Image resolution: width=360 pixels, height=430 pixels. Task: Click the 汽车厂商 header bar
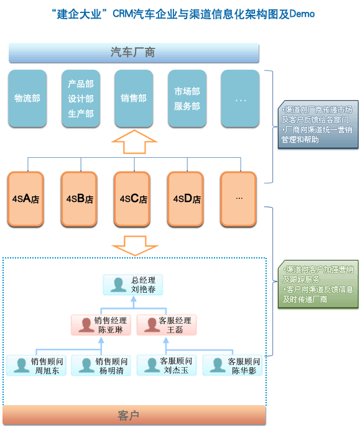(133, 53)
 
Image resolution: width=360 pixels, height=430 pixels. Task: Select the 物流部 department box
(27, 98)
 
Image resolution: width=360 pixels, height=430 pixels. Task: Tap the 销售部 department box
(134, 98)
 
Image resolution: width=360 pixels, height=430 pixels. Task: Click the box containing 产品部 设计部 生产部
(81, 98)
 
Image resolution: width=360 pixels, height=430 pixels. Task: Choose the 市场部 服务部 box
(187, 98)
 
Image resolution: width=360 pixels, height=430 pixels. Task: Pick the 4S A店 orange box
(26, 199)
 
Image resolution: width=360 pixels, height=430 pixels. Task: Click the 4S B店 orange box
(80, 199)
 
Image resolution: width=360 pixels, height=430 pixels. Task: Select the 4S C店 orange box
(133, 199)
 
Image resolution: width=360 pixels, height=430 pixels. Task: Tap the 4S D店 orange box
(187, 199)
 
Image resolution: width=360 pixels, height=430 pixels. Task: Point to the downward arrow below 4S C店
(134, 244)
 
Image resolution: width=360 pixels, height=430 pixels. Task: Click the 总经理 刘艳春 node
(134, 285)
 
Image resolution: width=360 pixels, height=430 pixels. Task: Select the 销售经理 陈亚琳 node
(101, 325)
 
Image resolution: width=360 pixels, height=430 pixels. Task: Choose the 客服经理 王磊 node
(167, 325)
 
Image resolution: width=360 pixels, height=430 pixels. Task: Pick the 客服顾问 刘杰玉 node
(167, 365)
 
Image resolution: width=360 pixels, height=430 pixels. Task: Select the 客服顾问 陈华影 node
(232, 365)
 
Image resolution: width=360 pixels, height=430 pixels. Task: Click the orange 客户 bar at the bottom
(134, 414)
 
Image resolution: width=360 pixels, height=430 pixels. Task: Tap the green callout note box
(318, 284)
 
